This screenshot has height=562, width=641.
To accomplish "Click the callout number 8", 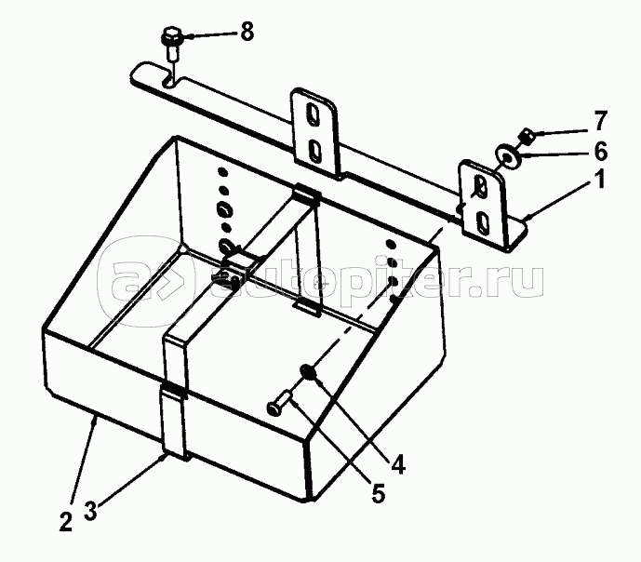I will pyautogui.click(x=246, y=33).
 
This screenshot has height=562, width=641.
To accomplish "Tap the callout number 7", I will pyautogui.click(x=602, y=121).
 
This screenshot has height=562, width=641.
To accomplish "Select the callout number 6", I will pyautogui.click(x=601, y=151).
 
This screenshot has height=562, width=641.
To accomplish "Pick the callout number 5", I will pyautogui.click(x=378, y=492).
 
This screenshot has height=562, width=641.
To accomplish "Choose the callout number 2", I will pyautogui.click(x=64, y=522).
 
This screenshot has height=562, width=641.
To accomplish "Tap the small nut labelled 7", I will pyautogui.click(x=526, y=137).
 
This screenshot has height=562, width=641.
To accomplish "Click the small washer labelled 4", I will pyautogui.click(x=307, y=374).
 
